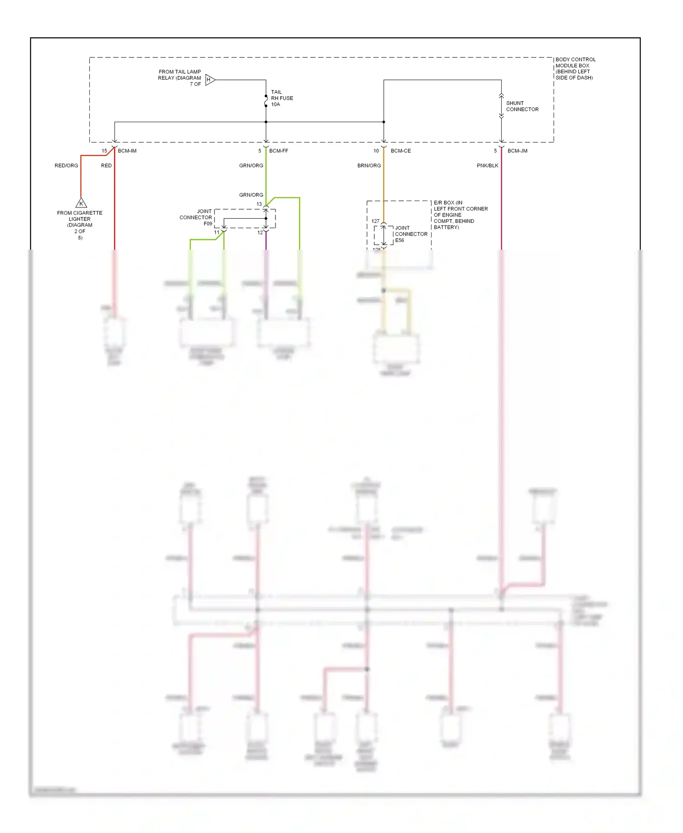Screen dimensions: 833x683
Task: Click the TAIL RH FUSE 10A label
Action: click(x=281, y=98)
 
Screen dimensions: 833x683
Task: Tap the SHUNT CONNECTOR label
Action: click(x=522, y=106)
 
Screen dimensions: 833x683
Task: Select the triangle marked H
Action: click(x=209, y=80)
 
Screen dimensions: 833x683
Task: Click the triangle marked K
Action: click(x=81, y=203)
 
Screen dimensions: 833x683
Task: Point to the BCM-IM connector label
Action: click(x=127, y=151)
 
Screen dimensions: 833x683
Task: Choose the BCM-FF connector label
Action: click(x=278, y=151)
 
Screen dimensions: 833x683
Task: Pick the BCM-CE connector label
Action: click(x=400, y=151)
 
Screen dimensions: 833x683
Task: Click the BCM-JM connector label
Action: click(x=517, y=151)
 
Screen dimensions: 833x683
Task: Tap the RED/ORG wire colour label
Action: click(x=66, y=165)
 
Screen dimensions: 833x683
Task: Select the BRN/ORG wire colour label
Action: click(x=369, y=165)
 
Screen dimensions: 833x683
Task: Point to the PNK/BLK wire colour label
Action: click(x=487, y=165)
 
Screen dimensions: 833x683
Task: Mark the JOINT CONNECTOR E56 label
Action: click(x=411, y=234)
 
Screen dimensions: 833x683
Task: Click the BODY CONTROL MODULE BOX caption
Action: click(x=575, y=68)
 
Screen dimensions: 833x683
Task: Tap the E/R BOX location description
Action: click(x=460, y=215)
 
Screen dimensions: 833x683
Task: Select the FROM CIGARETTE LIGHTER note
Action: click(x=80, y=225)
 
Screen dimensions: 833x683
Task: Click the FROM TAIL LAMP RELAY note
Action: click(x=180, y=77)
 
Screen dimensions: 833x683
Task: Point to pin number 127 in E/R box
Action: click(x=375, y=221)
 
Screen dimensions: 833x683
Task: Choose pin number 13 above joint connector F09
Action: click(x=259, y=204)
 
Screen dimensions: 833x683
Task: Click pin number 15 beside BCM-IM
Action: click(x=104, y=151)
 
